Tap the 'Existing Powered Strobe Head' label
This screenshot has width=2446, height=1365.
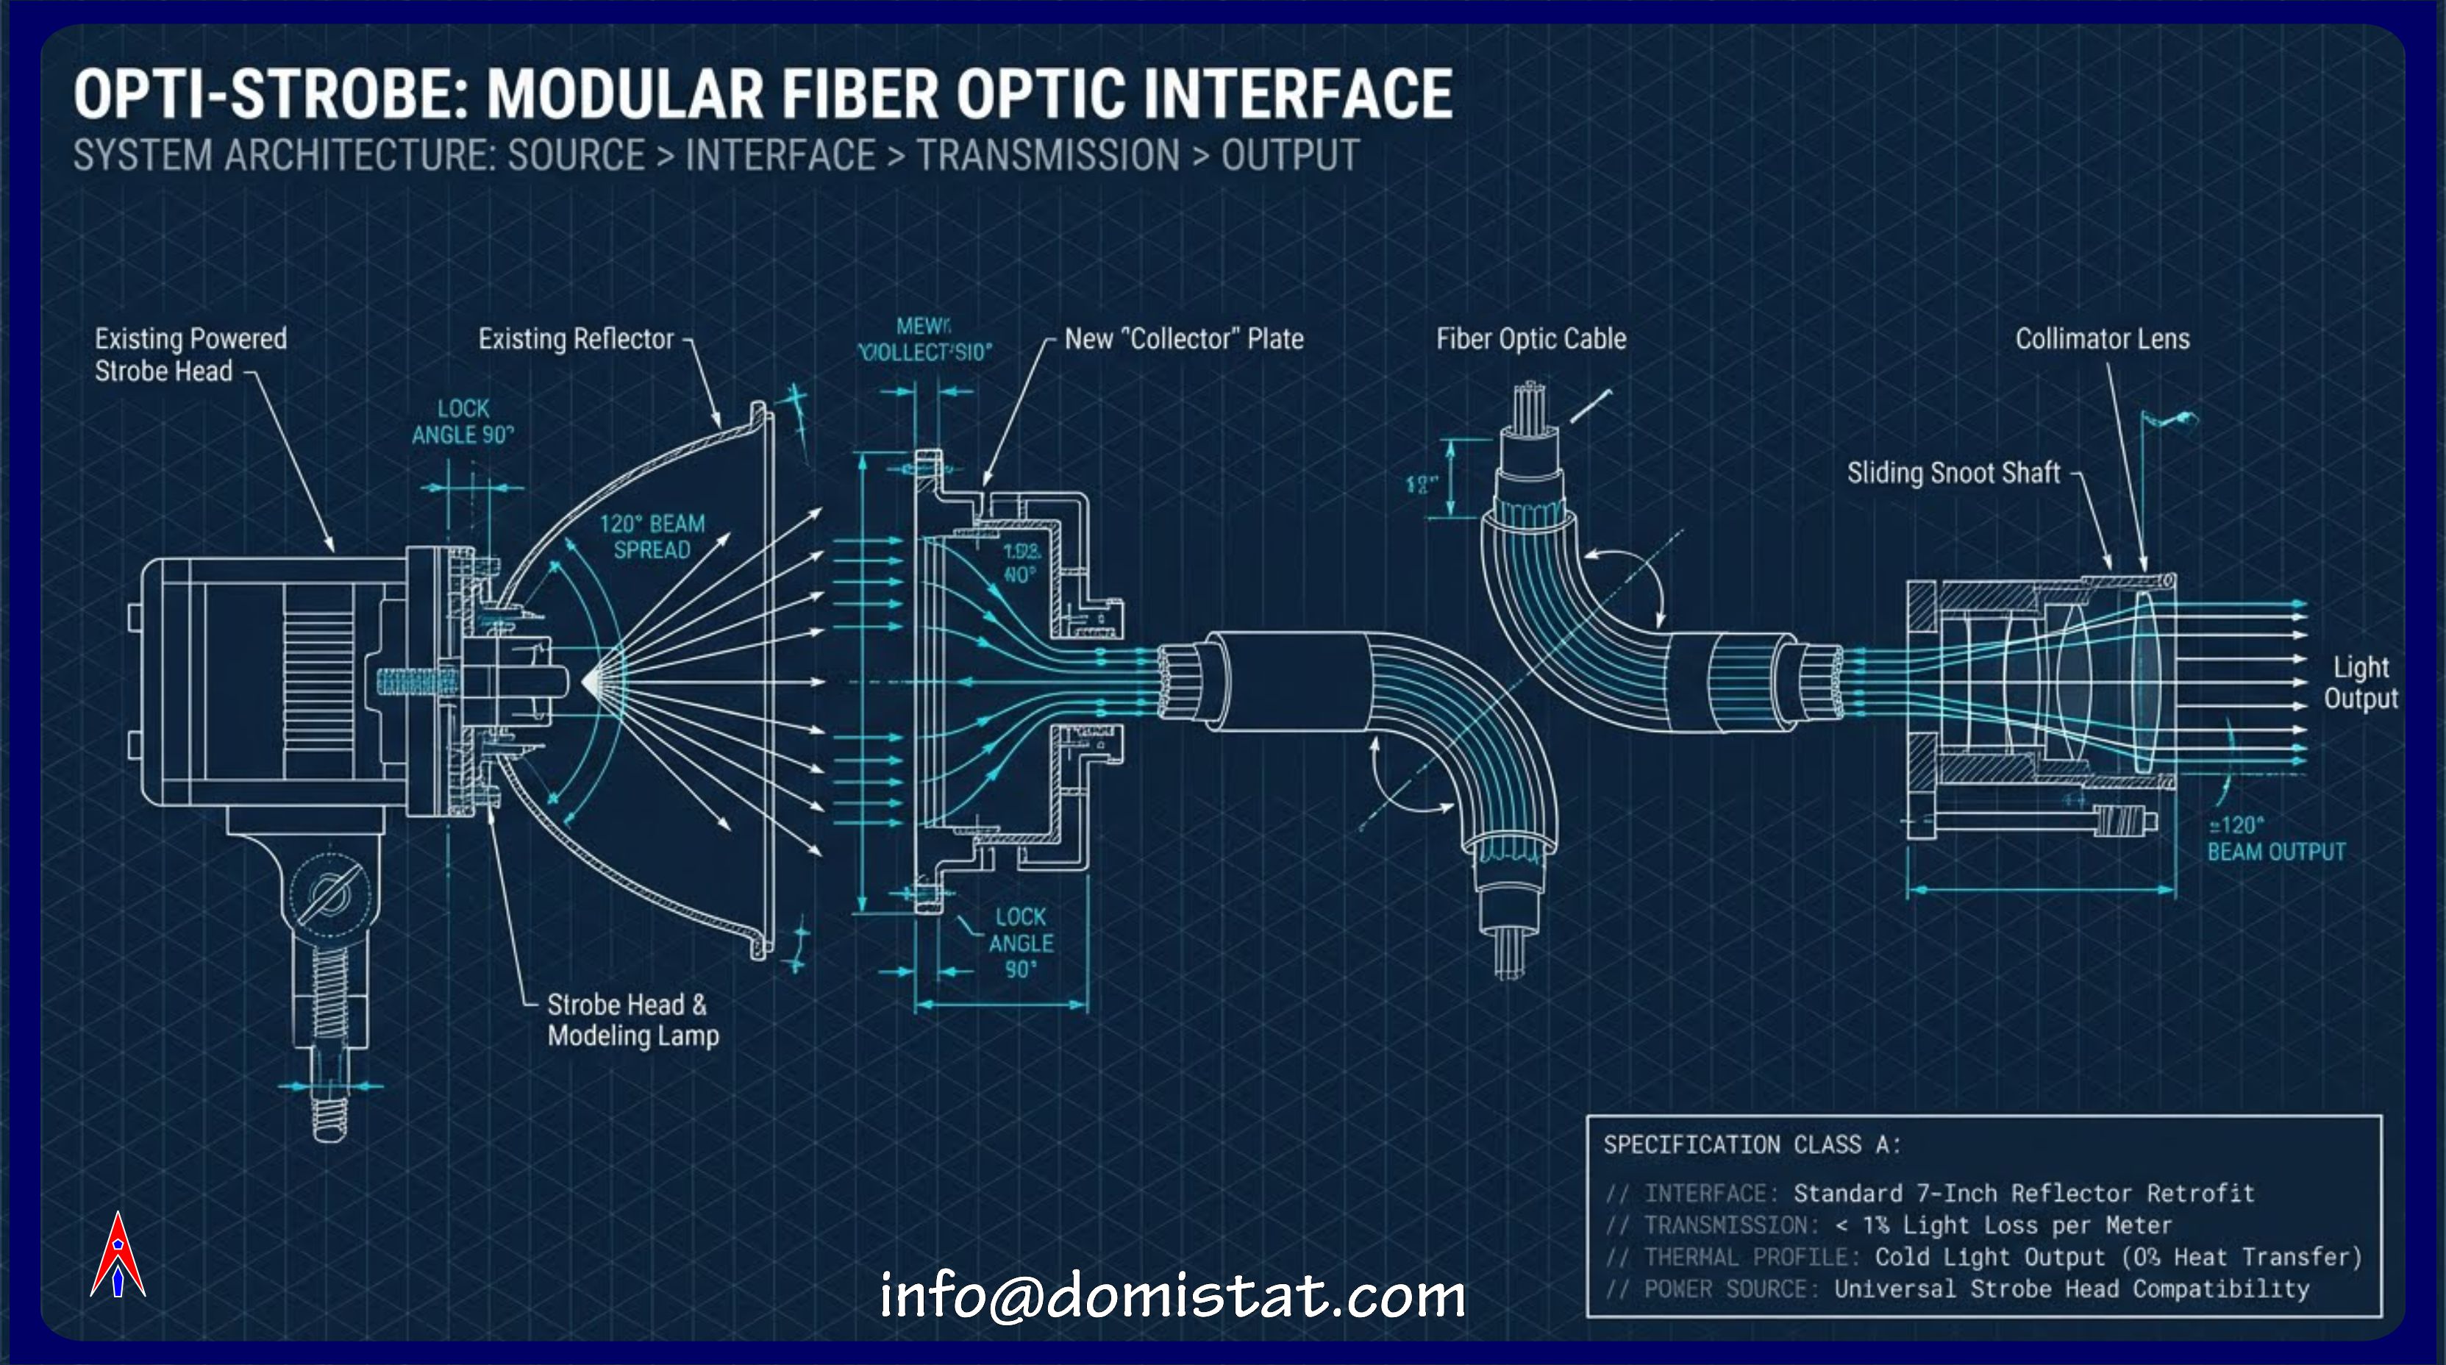click(190, 354)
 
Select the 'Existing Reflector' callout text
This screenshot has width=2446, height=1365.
click(575, 339)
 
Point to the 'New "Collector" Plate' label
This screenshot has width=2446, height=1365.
click(1183, 339)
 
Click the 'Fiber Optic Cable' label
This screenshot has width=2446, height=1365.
click(1530, 339)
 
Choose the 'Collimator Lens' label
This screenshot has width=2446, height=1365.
click(2103, 339)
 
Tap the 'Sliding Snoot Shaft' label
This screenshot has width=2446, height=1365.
click(1953, 473)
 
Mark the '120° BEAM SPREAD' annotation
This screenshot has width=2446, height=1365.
click(652, 537)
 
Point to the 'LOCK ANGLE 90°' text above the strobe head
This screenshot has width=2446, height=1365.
click(463, 421)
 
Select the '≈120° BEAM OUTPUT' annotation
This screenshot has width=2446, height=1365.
click(2275, 838)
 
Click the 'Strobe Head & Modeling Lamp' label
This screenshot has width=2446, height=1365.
click(632, 1020)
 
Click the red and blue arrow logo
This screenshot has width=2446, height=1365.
click(118, 1255)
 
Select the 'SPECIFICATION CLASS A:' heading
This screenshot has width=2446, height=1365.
click(1752, 1144)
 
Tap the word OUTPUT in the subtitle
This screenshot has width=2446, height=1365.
click(1289, 156)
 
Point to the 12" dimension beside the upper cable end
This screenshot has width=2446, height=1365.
click(1422, 485)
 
